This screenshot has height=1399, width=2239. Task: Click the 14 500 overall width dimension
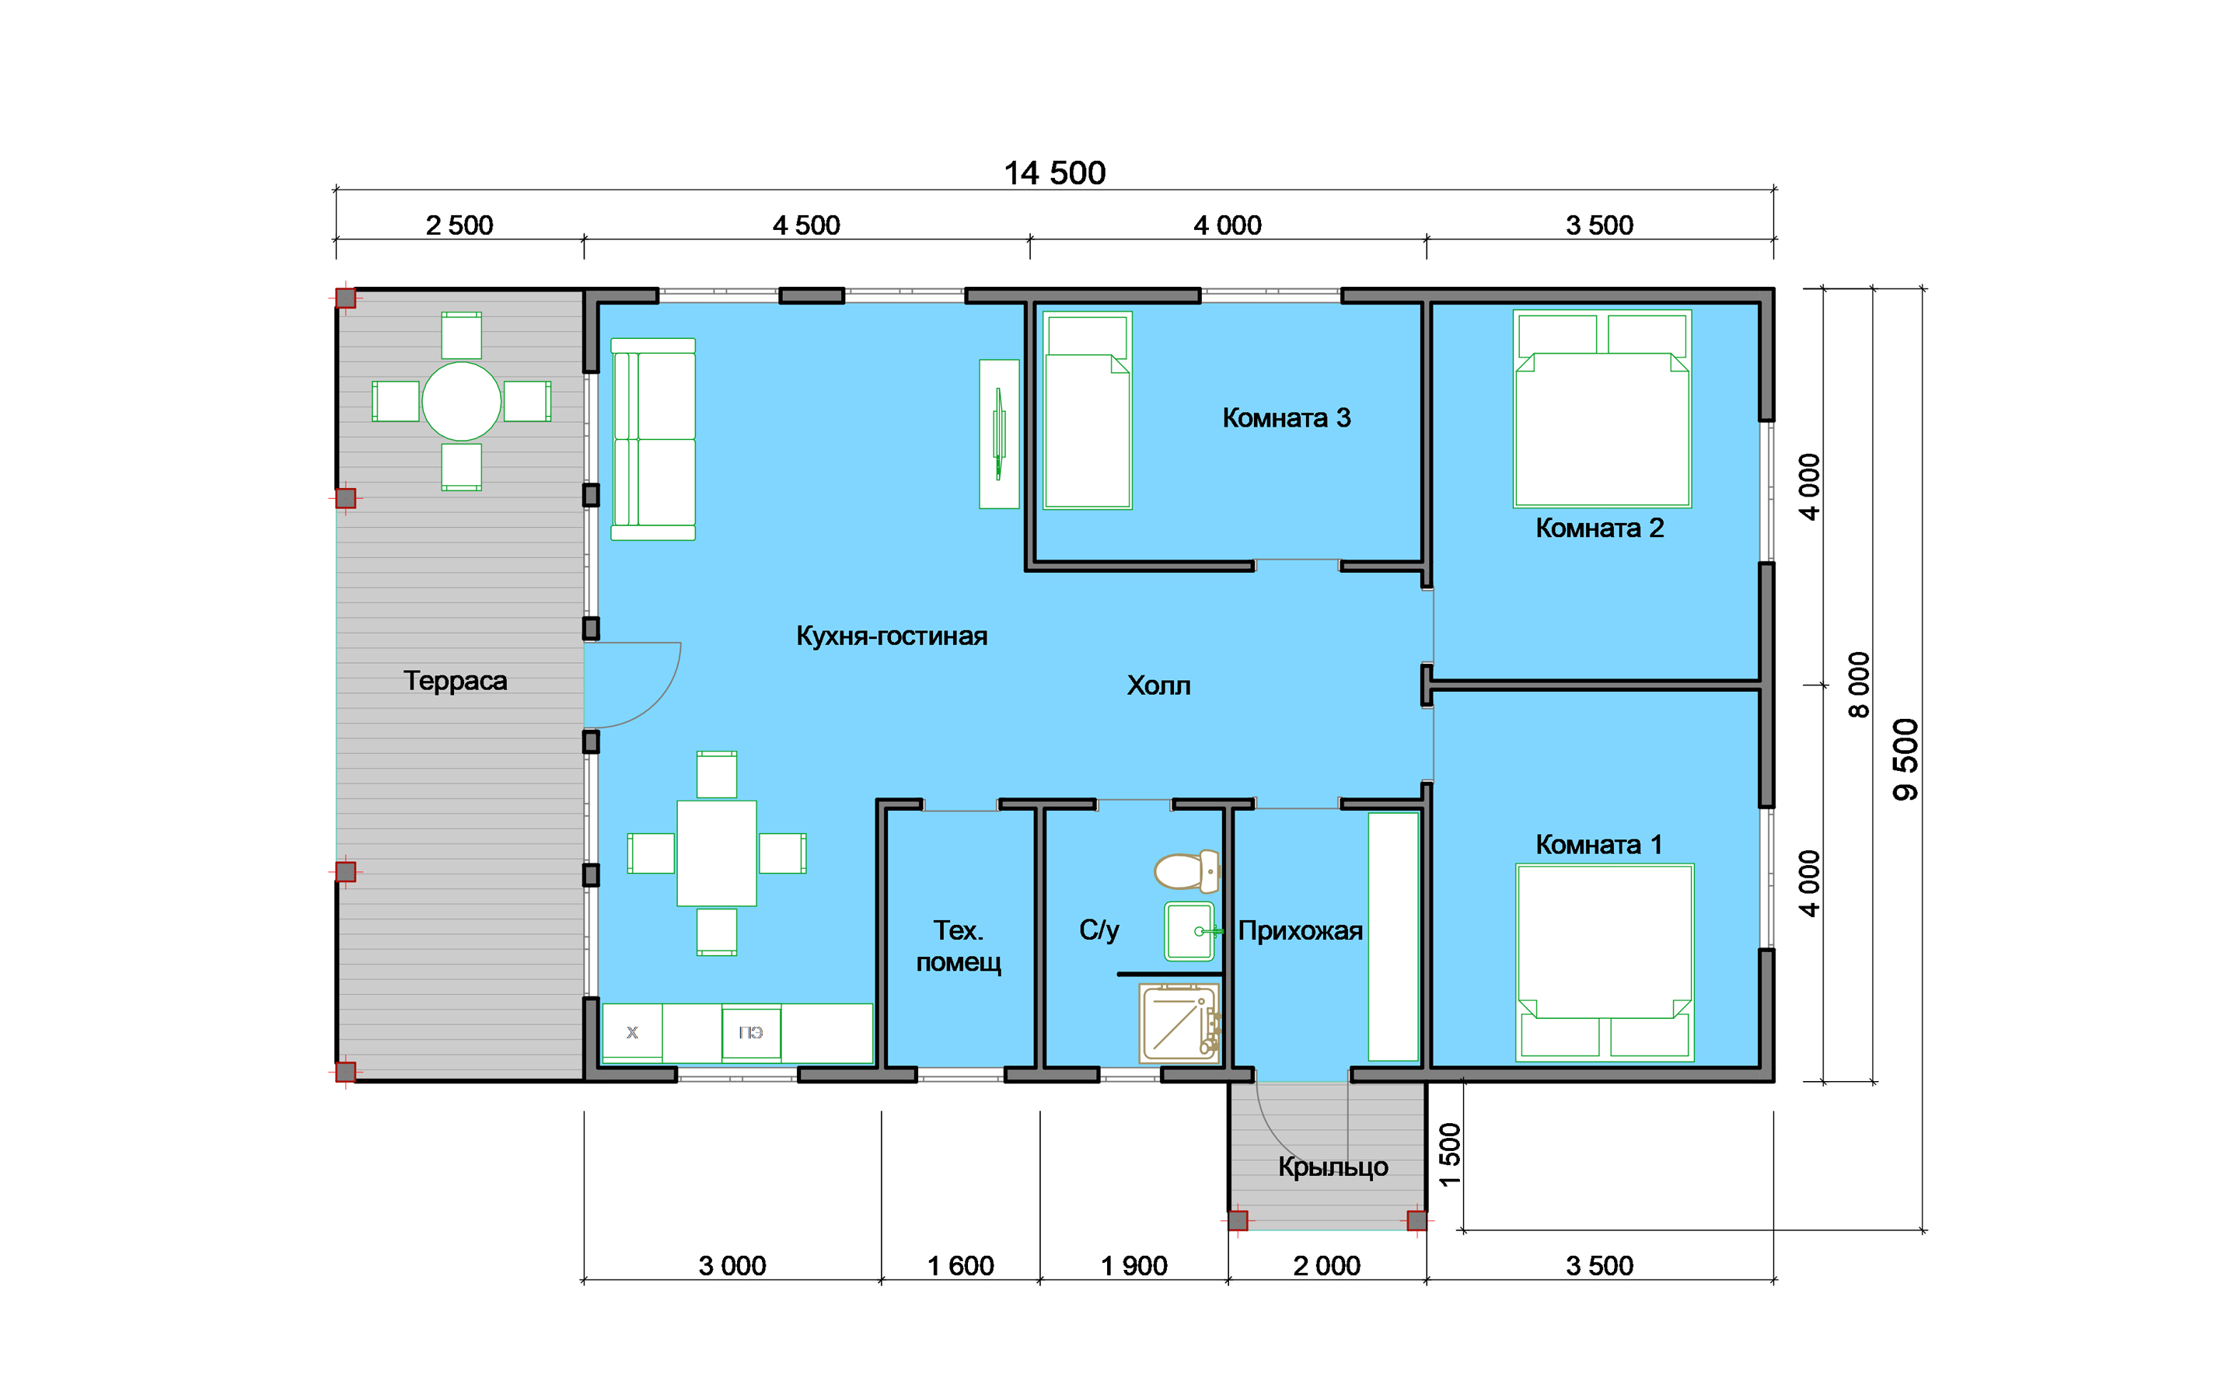(1055, 173)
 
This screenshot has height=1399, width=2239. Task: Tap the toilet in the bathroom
(1187, 870)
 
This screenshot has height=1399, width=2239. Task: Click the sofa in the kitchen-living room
(653, 439)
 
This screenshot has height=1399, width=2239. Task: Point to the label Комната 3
(1286, 418)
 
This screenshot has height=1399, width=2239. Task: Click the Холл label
(1158, 686)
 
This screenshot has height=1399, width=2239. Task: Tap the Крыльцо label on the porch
(1333, 1167)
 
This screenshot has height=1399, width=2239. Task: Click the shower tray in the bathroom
(1179, 1024)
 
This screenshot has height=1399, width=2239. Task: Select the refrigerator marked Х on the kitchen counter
(633, 1033)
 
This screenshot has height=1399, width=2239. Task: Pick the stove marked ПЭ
(751, 1034)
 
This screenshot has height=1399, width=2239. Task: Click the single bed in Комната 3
(1087, 411)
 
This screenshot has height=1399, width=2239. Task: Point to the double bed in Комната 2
(1602, 409)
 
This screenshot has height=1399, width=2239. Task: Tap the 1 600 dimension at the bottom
(960, 1266)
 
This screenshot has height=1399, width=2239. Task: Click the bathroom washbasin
(1189, 932)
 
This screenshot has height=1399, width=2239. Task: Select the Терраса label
(456, 681)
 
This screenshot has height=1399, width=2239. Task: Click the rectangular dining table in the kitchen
(717, 853)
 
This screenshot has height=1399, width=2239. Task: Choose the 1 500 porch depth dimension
(1450, 1154)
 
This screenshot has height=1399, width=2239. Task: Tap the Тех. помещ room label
(959, 946)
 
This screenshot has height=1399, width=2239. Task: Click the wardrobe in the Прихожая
(1393, 937)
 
